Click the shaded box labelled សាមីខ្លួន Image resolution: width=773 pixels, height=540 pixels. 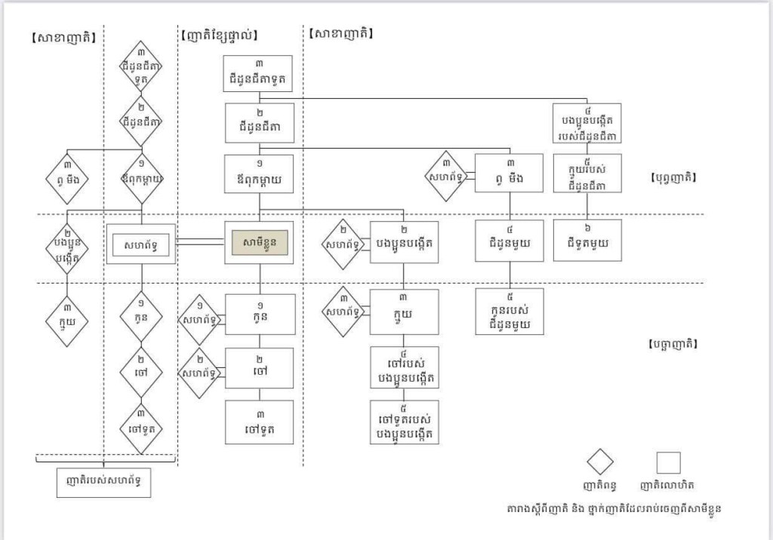(258, 243)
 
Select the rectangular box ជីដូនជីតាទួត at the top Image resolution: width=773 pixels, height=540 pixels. (258, 73)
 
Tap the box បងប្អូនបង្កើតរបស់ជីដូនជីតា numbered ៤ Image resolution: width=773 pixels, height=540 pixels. (587, 123)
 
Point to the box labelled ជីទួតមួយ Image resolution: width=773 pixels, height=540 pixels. (587, 241)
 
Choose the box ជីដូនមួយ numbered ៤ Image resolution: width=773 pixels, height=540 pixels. (509, 241)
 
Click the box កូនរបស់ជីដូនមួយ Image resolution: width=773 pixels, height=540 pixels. (509, 311)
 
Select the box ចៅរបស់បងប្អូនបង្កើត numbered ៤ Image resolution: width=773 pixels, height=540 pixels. (404, 367)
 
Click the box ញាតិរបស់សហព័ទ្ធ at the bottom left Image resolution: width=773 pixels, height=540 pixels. (103, 482)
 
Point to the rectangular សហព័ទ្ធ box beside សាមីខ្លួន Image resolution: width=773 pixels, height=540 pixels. (141, 244)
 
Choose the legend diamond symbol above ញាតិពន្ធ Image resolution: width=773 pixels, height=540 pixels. (601, 462)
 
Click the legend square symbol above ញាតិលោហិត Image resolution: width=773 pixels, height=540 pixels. (668, 462)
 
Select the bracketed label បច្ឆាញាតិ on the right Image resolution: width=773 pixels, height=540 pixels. (673, 344)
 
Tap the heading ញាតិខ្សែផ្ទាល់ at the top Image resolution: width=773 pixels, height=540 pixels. (220, 35)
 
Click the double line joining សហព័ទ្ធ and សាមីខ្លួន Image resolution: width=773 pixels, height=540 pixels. (200, 242)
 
